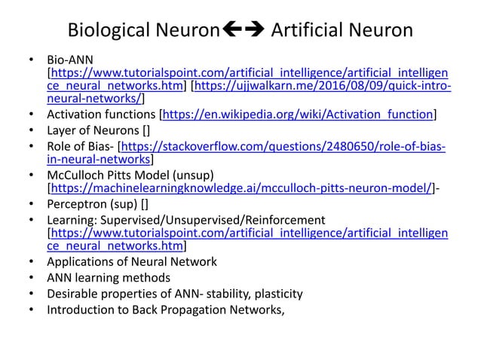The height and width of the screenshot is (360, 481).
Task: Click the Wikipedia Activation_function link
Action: [299, 114]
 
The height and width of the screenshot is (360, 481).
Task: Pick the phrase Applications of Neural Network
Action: [131, 262]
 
